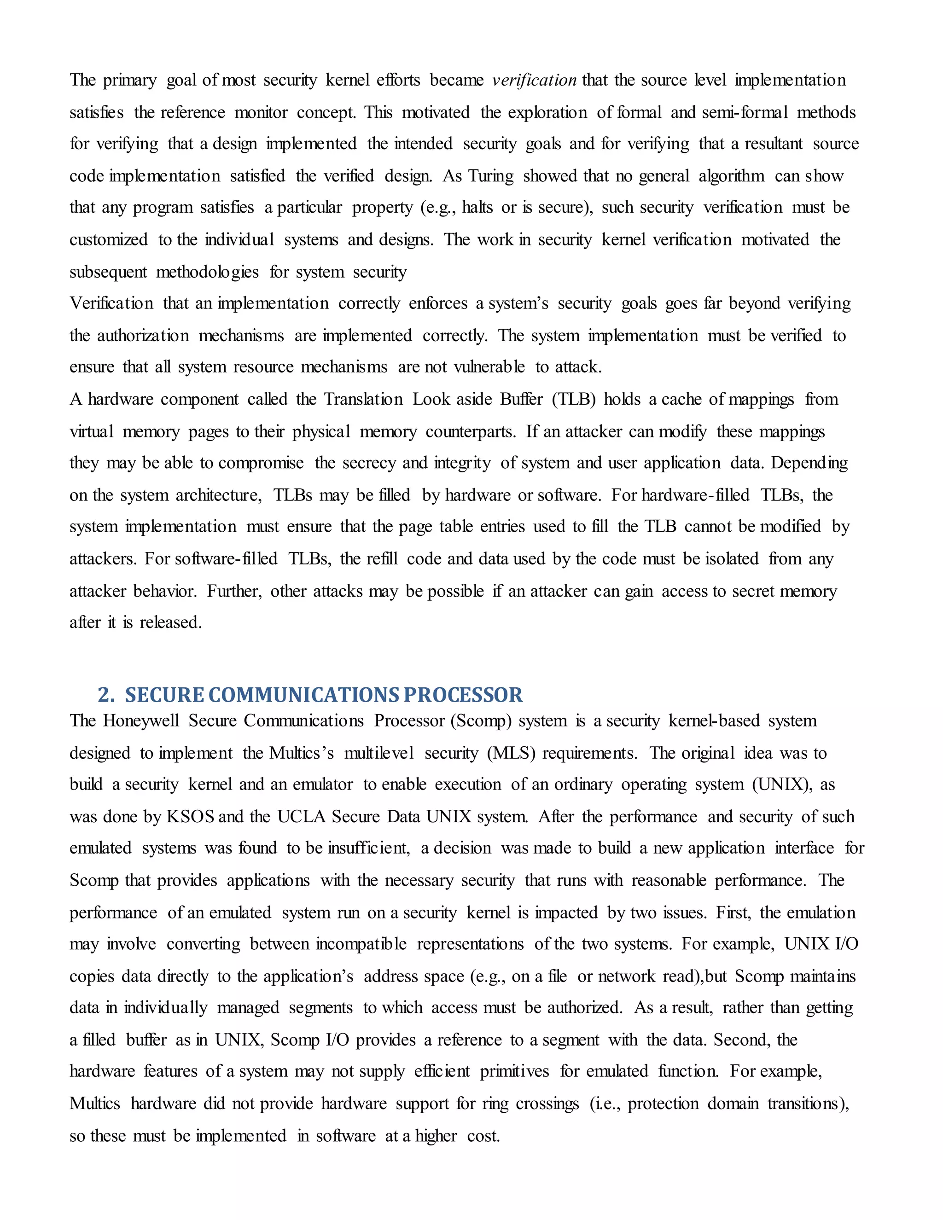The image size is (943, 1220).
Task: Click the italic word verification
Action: click(x=534, y=80)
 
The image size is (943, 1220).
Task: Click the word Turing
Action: click(x=490, y=176)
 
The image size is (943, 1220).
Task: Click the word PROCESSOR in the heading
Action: click(x=463, y=695)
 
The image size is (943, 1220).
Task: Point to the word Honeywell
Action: click(x=141, y=720)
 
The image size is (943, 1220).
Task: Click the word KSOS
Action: click(x=191, y=817)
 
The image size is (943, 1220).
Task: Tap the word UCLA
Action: click(x=302, y=817)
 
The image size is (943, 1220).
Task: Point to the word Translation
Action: click(x=363, y=400)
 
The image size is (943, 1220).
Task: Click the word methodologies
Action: click(x=207, y=272)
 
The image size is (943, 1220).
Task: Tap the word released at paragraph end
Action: click(x=170, y=622)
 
